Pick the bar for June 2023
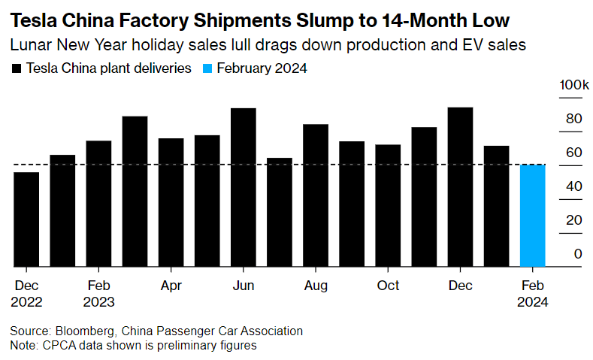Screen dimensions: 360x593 coord(244,187)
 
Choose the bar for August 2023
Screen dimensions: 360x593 coord(316,195)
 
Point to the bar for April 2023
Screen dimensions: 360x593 coord(171,202)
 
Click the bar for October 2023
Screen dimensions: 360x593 coord(388,205)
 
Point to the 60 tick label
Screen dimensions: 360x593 coord(574,153)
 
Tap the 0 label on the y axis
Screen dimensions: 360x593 coord(578,254)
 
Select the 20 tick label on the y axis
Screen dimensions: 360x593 coord(574,220)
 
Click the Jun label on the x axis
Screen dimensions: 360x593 coord(244,286)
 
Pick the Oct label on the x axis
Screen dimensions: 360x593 coord(388,286)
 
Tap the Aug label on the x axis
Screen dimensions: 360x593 coord(316,286)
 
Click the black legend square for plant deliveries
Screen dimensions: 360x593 coord(16,68)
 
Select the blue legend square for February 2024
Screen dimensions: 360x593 coord(207,68)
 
